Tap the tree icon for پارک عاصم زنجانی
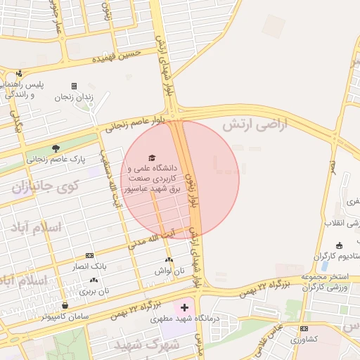pyautogui.click(x=56, y=148)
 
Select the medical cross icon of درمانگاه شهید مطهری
pyautogui.click(x=184, y=308)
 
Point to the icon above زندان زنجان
pyautogui.click(x=74, y=86)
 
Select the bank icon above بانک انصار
pyautogui.click(x=89, y=256)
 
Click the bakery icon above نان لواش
pyautogui.click(x=169, y=260)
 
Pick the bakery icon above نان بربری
pyautogui.click(x=94, y=280)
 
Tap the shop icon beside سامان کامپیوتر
pyautogui.click(x=65, y=305)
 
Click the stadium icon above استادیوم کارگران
pyautogui.click(x=340, y=245)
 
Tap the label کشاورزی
pyautogui.click(x=304, y=339)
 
